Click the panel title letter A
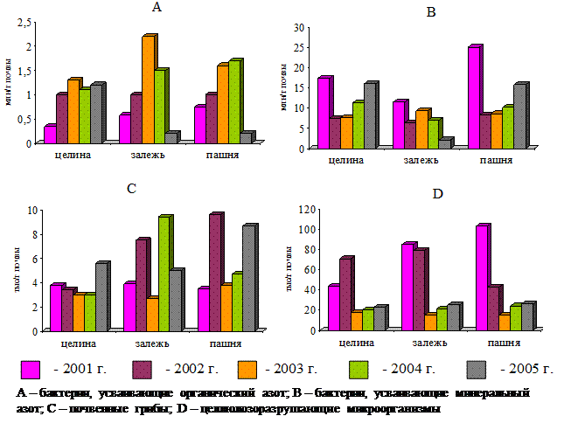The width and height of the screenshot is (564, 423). click(157, 8)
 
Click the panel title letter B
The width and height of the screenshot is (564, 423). click(430, 11)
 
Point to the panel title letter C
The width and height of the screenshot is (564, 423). click(130, 188)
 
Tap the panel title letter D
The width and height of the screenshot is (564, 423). click(437, 192)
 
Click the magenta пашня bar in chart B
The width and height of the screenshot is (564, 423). click(473, 97)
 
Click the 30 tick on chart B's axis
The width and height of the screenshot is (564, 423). click(299, 28)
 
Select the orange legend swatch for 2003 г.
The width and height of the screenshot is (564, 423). click(253, 368)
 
